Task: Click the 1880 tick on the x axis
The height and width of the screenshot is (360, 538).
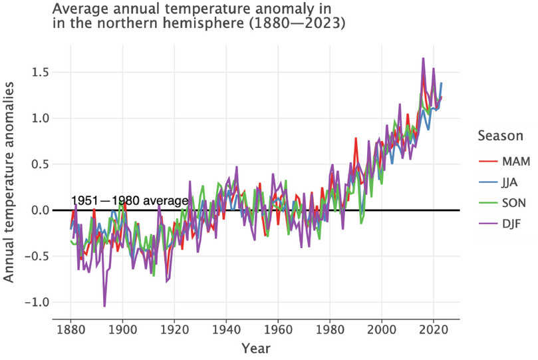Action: pyautogui.click(x=70, y=329)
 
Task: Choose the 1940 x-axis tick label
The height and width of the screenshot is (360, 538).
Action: pyautogui.click(x=225, y=329)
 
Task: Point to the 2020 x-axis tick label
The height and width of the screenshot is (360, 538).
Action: pyautogui.click(x=433, y=329)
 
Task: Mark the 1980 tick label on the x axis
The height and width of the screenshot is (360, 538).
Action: pyautogui.click(x=329, y=329)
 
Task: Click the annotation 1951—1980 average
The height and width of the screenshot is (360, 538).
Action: pyautogui.click(x=129, y=201)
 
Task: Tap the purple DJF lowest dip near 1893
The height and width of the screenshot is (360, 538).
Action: pyautogui.click(x=104, y=305)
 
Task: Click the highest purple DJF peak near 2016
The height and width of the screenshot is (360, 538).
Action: pyautogui.click(x=423, y=59)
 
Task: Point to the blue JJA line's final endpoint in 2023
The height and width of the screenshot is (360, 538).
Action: pyautogui.click(x=441, y=83)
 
